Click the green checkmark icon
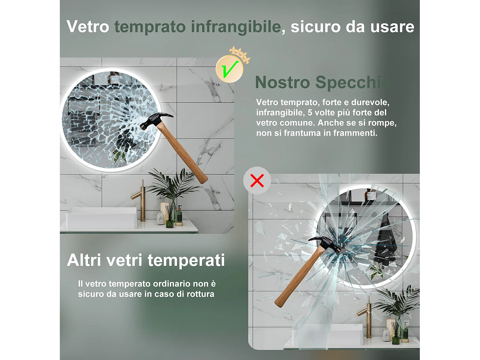(230, 69)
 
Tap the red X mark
(257, 180)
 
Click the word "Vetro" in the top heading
(88, 27)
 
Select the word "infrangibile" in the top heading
(236, 27)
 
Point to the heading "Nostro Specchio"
(323, 82)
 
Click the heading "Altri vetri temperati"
(146, 260)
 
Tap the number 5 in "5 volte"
(310, 113)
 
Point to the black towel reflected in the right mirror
(387, 240)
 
